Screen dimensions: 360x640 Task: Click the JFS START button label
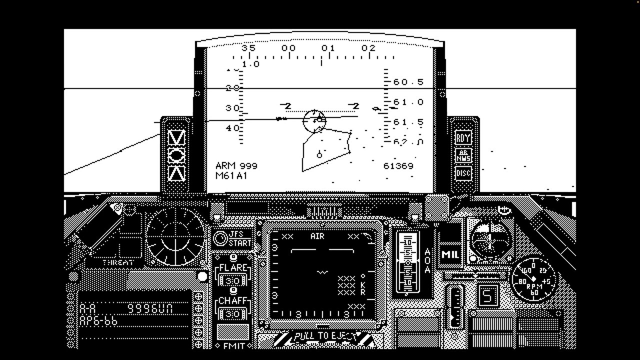coord(239,238)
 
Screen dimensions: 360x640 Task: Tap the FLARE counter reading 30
coord(232,280)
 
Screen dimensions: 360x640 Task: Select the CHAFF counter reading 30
coord(232,313)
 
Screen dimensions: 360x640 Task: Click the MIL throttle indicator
coord(449,254)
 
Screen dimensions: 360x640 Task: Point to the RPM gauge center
coord(533,279)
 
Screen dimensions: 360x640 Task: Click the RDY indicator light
coord(463,137)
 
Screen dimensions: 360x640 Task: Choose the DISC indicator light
coord(463,173)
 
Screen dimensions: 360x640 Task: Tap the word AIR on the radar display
coord(317,236)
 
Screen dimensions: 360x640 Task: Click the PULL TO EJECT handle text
coord(325,336)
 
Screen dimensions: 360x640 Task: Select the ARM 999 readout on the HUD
coord(236,165)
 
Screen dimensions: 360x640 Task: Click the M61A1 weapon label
coord(231,175)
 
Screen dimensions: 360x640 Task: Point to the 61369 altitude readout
coord(398,166)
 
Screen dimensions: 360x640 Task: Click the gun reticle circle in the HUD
coord(314,120)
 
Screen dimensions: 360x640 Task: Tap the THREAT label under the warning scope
coord(118,262)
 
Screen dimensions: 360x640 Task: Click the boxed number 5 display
coord(487,295)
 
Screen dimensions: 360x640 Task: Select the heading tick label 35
coord(248,48)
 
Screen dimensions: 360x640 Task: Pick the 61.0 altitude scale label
coord(408,102)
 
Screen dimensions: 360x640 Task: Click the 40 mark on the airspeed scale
coord(232,128)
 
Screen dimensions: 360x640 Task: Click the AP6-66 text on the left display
coord(98,321)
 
